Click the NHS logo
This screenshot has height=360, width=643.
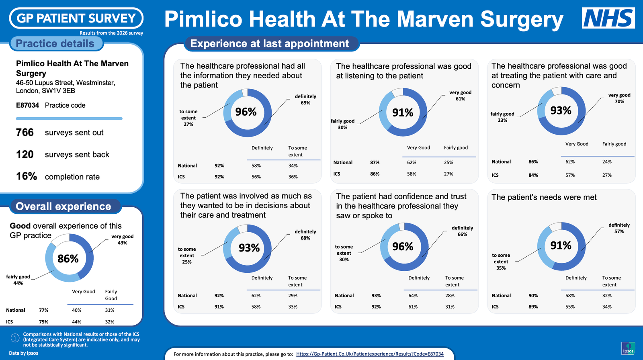[608, 18]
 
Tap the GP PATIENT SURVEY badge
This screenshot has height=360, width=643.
[76, 18]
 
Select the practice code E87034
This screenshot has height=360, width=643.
[27, 105]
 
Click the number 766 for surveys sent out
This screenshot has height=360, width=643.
[25, 132]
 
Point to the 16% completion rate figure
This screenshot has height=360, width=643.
[27, 176]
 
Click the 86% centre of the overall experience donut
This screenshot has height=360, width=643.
[68, 259]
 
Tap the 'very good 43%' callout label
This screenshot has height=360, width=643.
[122, 239]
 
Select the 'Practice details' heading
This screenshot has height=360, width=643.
[55, 44]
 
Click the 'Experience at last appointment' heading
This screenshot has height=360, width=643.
[270, 44]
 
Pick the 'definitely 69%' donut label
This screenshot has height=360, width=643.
[305, 100]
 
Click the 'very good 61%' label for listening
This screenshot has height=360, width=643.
[461, 96]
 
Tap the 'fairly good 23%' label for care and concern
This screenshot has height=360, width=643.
[502, 117]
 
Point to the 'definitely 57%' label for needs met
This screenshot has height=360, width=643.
[619, 228]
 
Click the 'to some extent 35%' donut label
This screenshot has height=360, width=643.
[501, 262]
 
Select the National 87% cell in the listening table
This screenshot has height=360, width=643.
[375, 162]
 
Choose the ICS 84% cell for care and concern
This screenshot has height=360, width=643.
[533, 175]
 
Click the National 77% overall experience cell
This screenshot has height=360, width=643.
[44, 310]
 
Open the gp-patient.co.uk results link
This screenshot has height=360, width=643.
[370, 354]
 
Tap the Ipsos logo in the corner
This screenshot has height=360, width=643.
[628, 348]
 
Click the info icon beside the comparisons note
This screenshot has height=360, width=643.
[15, 338]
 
